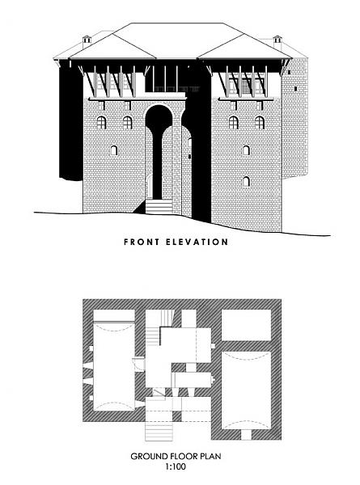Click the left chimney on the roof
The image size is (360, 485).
pos(87,41)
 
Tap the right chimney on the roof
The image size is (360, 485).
pos(277,41)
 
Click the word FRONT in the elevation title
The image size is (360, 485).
pos(142,242)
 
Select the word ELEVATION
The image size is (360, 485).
pos(197,242)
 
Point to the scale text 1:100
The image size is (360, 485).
pos(176,466)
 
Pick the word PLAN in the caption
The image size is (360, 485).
pos(211,456)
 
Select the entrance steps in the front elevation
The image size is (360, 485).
pos(159,206)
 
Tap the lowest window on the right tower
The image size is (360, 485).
pos(246,182)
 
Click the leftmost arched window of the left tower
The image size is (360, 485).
pos(101,123)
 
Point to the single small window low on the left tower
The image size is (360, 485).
pos(114,150)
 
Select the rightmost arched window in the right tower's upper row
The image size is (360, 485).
pos(260,123)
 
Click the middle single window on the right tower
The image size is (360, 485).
pos(246,150)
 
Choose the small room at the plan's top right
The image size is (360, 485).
pos(247,325)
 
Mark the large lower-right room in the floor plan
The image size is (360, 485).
pos(247,390)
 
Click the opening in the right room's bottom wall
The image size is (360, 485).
pos(247,435)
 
